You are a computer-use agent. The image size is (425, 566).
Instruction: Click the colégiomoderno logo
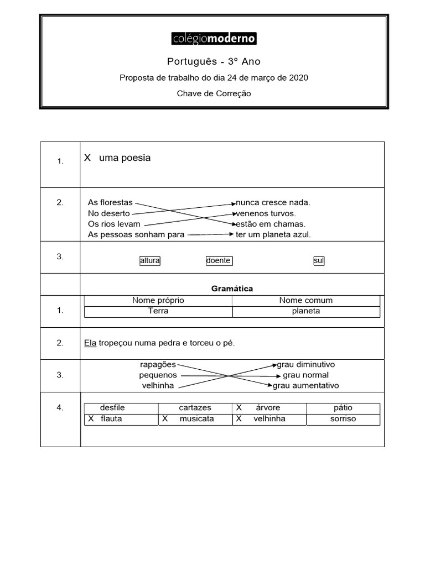pos(214,38)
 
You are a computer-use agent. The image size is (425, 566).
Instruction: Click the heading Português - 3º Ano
pos(214,61)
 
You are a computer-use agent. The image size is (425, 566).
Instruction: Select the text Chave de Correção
pos(214,93)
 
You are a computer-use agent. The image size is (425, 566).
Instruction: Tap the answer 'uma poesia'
pos(125,158)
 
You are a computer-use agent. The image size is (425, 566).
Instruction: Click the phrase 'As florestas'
pos(110,203)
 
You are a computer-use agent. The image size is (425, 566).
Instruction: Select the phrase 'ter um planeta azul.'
pos(273,234)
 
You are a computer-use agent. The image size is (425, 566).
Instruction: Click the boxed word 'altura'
pos(150,260)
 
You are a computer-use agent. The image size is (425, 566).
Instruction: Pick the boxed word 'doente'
pos(219,260)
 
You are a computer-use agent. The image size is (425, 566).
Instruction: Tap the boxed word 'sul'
pos(319,260)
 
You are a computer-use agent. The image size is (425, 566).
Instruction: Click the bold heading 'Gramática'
pos(232,289)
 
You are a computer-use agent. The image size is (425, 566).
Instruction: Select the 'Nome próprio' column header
pos(158,300)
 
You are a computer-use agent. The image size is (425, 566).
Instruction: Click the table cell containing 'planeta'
pos(306,311)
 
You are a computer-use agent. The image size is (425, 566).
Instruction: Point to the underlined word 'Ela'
pos(90,343)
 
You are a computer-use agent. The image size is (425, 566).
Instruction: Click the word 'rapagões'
pos(158,365)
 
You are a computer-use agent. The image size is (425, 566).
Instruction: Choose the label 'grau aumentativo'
pos(306,386)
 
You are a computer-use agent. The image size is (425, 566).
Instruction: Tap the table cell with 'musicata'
pos(196,419)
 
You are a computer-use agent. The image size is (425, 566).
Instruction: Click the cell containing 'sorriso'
pos(343,419)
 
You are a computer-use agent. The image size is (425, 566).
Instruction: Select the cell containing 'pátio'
pos(343,408)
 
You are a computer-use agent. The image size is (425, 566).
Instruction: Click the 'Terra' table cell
pos(158,311)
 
